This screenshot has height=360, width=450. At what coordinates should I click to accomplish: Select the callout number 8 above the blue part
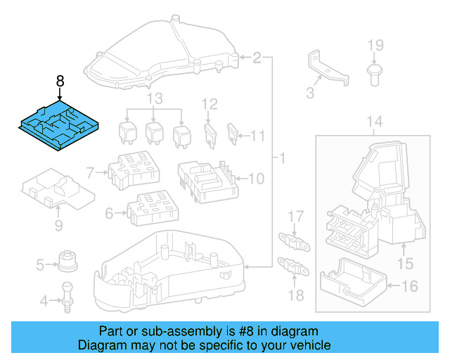[60, 82]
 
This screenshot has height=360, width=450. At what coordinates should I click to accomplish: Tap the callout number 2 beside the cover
[257, 57]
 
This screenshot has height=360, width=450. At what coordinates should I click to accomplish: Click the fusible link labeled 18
[295, 268]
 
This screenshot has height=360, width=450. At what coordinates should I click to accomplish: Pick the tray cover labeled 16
[352, 282]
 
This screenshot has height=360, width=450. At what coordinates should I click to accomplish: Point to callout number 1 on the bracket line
[281, 159]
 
